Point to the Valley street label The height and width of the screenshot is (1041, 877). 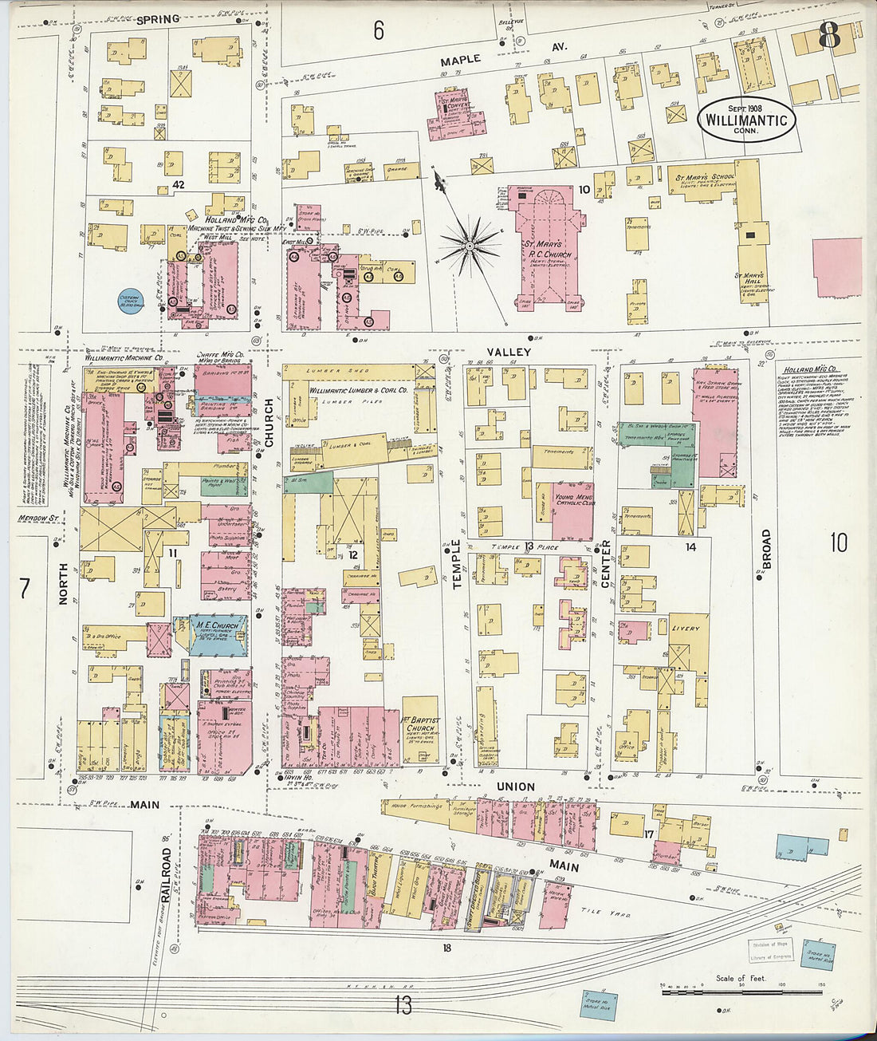pyautogui.click(x=509, y=352)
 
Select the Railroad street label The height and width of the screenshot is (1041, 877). pyautogui.click(x=167, y=875)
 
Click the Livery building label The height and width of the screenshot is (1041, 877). pyautogui.click(x=686, y=629)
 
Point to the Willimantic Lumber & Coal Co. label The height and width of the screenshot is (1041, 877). pyautogui.click(x=359, y=391)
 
